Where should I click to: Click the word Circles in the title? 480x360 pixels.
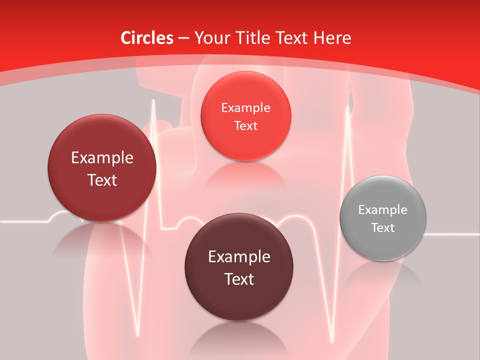click(x=146, y=38)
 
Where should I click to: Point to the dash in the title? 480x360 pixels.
click(x=183, y=38)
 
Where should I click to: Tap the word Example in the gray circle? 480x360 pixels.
click(x=383, y=210)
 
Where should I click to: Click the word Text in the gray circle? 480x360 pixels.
click(x=383, y=228)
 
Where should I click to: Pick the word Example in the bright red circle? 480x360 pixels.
click(x=245, y=108)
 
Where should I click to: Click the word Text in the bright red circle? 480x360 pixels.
click(x=245, y=126)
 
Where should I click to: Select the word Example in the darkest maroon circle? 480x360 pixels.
click(x=239, y=257)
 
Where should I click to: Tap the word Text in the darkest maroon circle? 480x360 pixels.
click(x=239, y=279)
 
